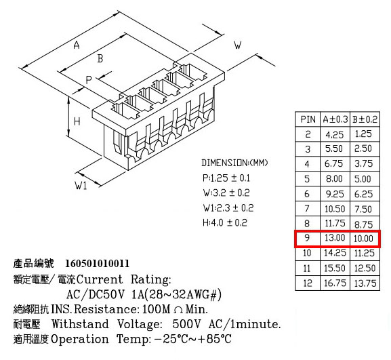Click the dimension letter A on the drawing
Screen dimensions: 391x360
[x=77, y=45]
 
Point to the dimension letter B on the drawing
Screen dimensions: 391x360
[x=100, y=58]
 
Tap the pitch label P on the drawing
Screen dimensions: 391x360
[x=89, y=80]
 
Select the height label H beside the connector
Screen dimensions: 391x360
[x=77, y=121]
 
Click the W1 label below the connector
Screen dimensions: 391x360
[x=81, y=185]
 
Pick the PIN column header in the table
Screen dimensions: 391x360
[x=308, y=119]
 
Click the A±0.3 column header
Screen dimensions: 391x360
[x=335, y=119]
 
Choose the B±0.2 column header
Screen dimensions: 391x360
[x=365, y=119]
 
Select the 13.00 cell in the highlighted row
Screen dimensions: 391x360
[x=335, y=238]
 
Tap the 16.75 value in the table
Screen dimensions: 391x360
[x=335, y=283]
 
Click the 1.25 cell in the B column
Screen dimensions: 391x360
[x=363, y=134]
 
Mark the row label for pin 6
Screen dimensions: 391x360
[x=307, y=194]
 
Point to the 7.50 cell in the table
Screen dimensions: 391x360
[x=363, y=209]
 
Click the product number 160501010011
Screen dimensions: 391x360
[x=98, y=264]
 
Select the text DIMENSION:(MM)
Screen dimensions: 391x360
[x=234, y=163]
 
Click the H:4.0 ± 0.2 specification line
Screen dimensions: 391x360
[x=225, y=222]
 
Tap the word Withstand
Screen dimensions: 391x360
[x=80, y=324]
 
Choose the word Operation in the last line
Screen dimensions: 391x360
[x=80, y=339]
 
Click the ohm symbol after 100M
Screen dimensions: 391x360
[x=178, y=310]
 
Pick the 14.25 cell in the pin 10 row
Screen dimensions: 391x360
[x=335, y=253]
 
